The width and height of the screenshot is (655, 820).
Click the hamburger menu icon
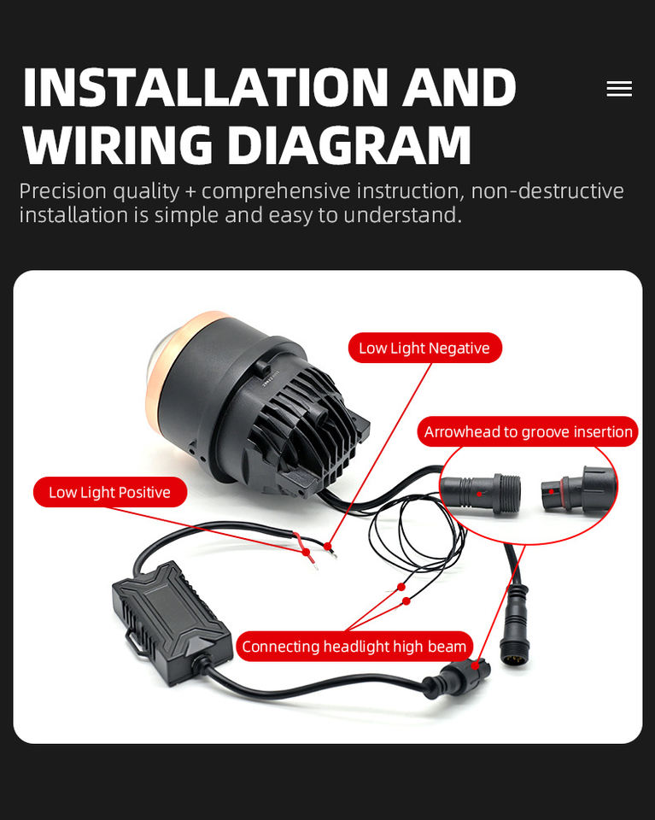click(x=619, y=89)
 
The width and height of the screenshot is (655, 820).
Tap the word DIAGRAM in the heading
click(x=349, y=144)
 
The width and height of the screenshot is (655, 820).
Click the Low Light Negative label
click(x=424, y=348)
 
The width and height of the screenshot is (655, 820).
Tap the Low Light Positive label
click(x=109, y=492)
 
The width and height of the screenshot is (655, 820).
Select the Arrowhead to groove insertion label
click(x=528, y=432)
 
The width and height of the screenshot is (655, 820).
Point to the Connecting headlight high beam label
click(x=354, y=647)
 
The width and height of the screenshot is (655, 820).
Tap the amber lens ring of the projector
click(x=175, y=376)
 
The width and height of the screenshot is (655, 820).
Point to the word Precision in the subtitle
click(x=56, y=190)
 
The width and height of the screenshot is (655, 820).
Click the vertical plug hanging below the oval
click(x=515, y=629)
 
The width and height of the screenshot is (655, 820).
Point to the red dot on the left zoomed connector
click(x=481, y=493)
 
